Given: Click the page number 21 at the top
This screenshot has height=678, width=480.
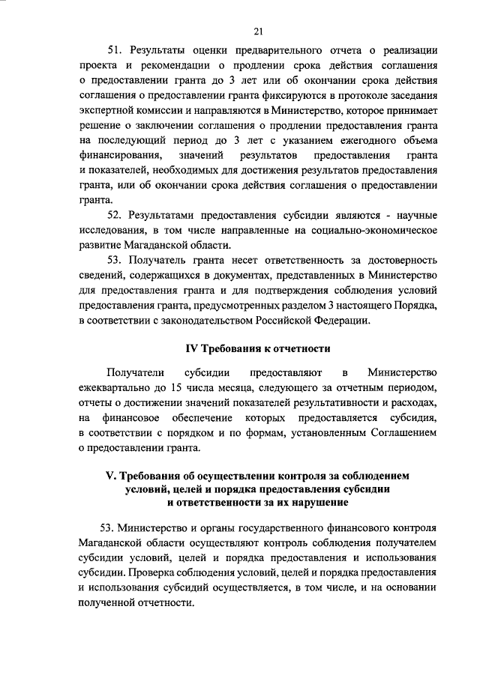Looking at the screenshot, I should pos(257,31).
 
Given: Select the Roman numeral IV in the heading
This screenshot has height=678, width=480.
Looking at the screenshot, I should pos(190,348).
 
